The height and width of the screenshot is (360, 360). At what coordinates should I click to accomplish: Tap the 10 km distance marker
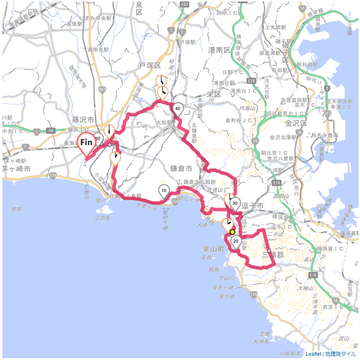point(164,191)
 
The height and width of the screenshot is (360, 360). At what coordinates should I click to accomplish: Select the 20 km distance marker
point(236,241)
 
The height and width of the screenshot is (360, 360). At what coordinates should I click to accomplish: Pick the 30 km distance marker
point(235,204)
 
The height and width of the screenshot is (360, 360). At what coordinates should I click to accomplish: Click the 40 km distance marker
point(178,109)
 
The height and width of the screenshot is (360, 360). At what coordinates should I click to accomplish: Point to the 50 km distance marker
point(98,139)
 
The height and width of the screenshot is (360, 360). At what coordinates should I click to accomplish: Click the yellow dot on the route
point(232,232)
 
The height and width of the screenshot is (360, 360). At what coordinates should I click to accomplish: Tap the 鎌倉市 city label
point(181,168)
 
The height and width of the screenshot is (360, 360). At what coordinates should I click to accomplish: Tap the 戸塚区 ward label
point(150,65)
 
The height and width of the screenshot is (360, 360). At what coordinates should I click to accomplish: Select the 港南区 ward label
point(219,49)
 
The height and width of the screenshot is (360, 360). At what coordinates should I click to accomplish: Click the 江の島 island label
point(102,217)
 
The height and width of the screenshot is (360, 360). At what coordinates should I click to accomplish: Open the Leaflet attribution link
point(314,354)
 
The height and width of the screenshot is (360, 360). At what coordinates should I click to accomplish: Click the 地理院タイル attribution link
point(341,354)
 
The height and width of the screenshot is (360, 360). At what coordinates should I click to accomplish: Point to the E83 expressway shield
point(184,4)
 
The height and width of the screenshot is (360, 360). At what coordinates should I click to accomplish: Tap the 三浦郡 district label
point(273,255)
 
